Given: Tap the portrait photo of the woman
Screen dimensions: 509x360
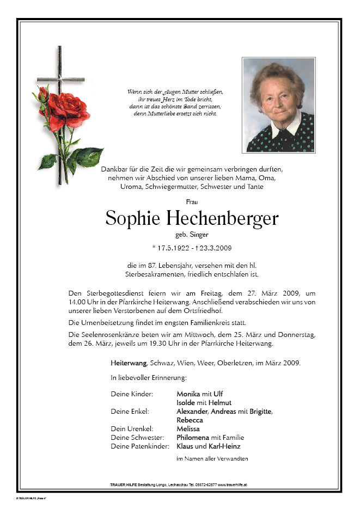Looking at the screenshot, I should point(278,105).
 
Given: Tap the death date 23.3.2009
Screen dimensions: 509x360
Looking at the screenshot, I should point(216,249).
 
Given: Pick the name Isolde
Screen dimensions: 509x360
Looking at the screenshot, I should point(186,402).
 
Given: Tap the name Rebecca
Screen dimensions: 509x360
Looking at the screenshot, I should point(190,420).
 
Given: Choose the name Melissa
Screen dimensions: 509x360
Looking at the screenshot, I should point(188,428).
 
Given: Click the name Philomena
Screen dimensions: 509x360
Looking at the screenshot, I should point(193,437).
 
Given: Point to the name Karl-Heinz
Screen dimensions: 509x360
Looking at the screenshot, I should point(224,446).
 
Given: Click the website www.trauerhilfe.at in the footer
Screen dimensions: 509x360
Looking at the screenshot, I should point(233,483).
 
